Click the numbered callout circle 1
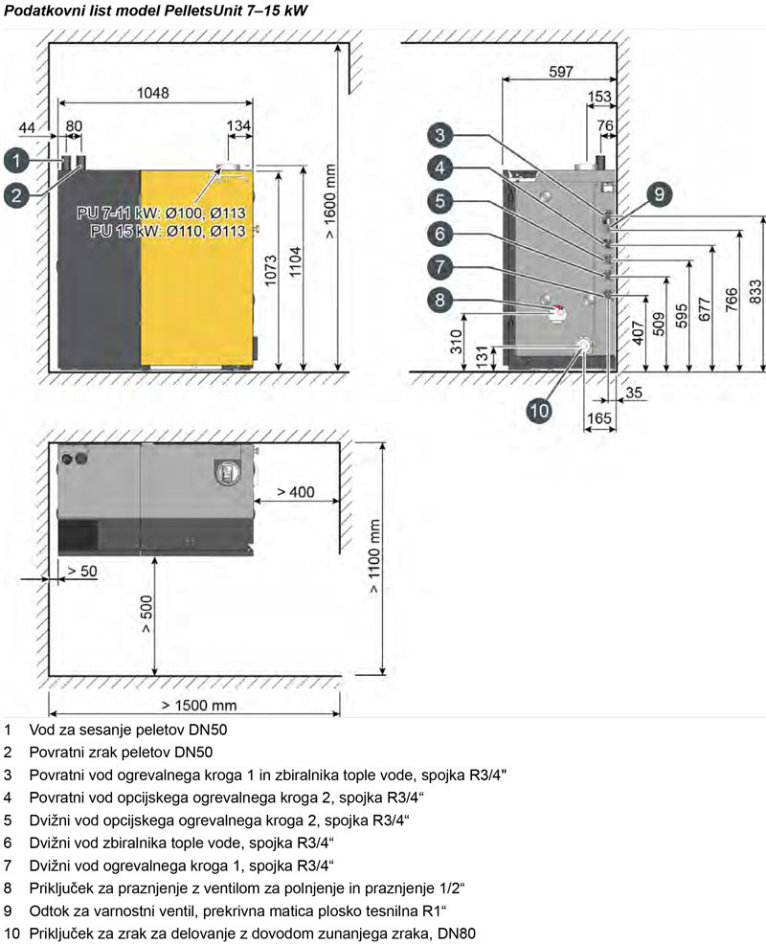16,161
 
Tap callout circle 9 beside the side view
659,193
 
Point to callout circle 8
440,300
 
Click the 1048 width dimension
153,93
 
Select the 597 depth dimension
561,71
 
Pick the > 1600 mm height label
330,201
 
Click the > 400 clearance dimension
295,492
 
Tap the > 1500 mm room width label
199,705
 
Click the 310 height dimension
457,342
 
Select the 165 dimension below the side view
598,417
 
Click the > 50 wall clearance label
82,571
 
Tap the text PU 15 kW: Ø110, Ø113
168,231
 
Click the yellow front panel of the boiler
197,268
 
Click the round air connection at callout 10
583,345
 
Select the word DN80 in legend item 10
457,933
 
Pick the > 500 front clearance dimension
146,614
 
